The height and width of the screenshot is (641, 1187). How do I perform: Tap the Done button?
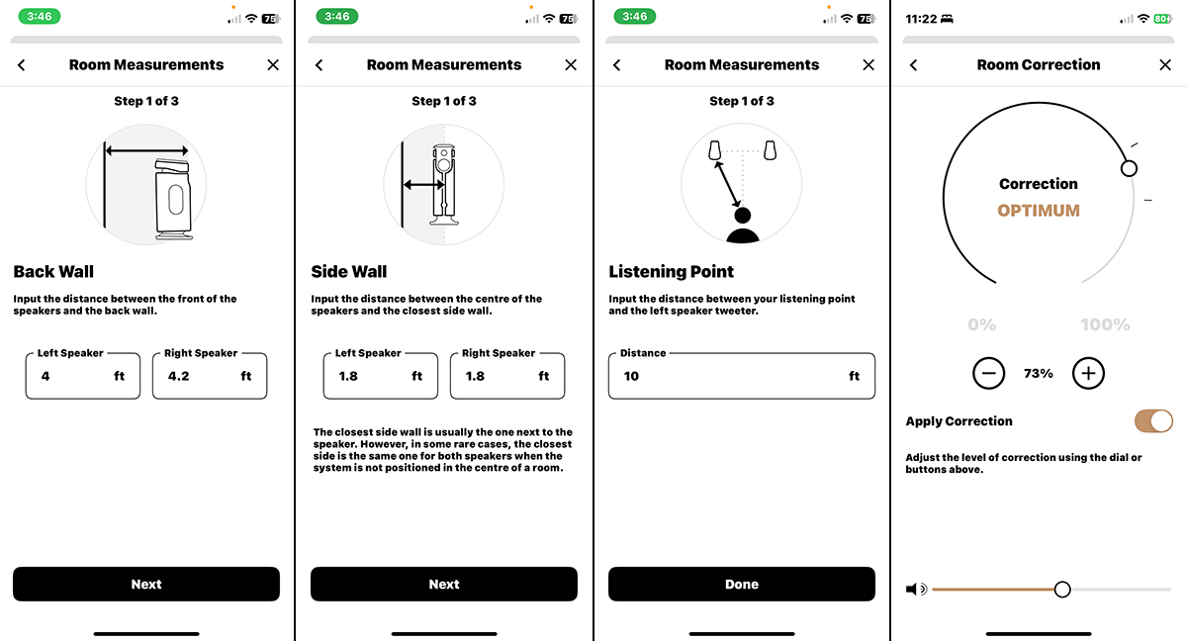[x=741, y=584]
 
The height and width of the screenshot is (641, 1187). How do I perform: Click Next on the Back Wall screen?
[x=146, y=584]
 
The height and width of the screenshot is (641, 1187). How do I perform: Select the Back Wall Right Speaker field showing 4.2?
[x=210, y=376]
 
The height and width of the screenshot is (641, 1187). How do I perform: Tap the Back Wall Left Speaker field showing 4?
[x=83, y=376]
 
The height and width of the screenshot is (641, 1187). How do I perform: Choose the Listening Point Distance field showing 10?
[x=741, y=376]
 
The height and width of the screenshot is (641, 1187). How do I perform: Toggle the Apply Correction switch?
[x=1153, y=421]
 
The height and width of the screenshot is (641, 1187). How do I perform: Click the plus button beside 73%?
[x=1088, y=374]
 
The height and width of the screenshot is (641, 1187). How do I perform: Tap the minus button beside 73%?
[x=989, y=374]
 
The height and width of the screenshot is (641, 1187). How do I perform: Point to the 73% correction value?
[x=1039, y=374]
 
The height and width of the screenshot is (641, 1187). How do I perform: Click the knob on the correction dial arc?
[x=1129, y=168]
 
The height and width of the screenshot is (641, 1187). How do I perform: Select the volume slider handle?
[x=1062, y=590]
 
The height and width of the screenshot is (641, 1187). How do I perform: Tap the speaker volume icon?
[x=916, y=590]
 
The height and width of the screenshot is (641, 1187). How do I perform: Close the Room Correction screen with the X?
[x=1165, y=64]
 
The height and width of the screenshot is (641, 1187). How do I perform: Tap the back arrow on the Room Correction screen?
[x=914, y=64]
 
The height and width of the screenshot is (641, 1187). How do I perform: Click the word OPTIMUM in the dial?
[x=1039, y=211]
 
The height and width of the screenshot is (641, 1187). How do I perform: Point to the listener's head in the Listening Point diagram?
[x=743, y=215]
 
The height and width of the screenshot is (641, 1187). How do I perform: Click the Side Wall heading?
[x=348, y=271]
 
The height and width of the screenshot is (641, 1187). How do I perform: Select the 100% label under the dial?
[x=1106, y=324]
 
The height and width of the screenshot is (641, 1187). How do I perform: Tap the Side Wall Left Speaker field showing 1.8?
[x=381, y=376]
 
